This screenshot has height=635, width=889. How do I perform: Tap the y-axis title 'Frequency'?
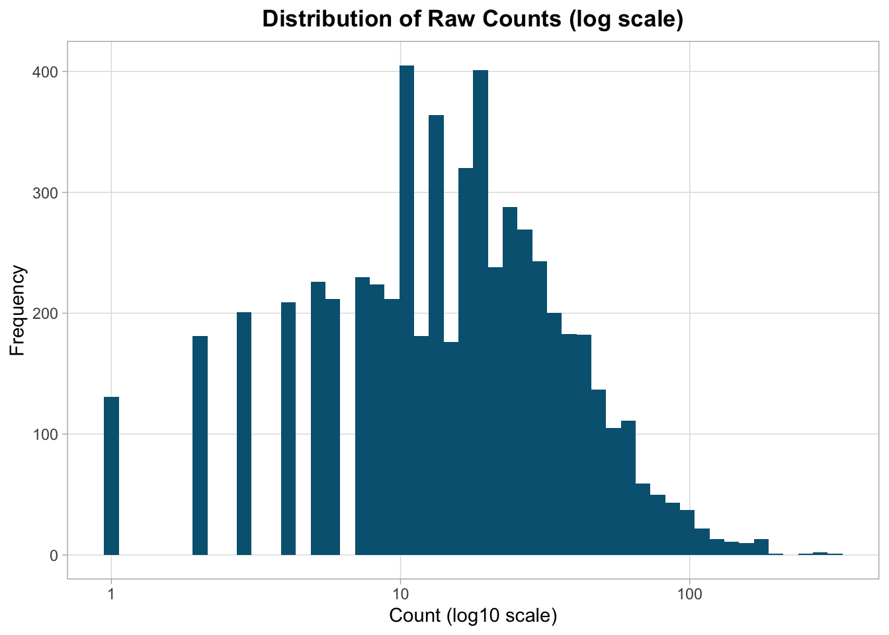[18, 310]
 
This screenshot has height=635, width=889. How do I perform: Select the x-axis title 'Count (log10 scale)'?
[473, 616]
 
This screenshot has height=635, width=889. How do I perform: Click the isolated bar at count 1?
[111, 476]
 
